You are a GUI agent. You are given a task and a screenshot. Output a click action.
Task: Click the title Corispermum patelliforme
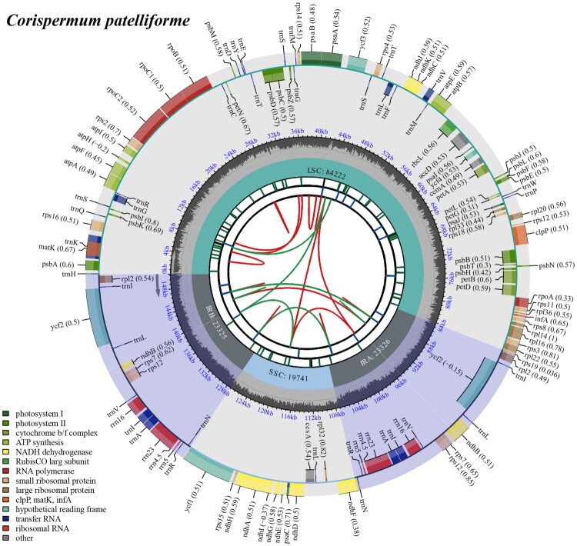tap(94, 20)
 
